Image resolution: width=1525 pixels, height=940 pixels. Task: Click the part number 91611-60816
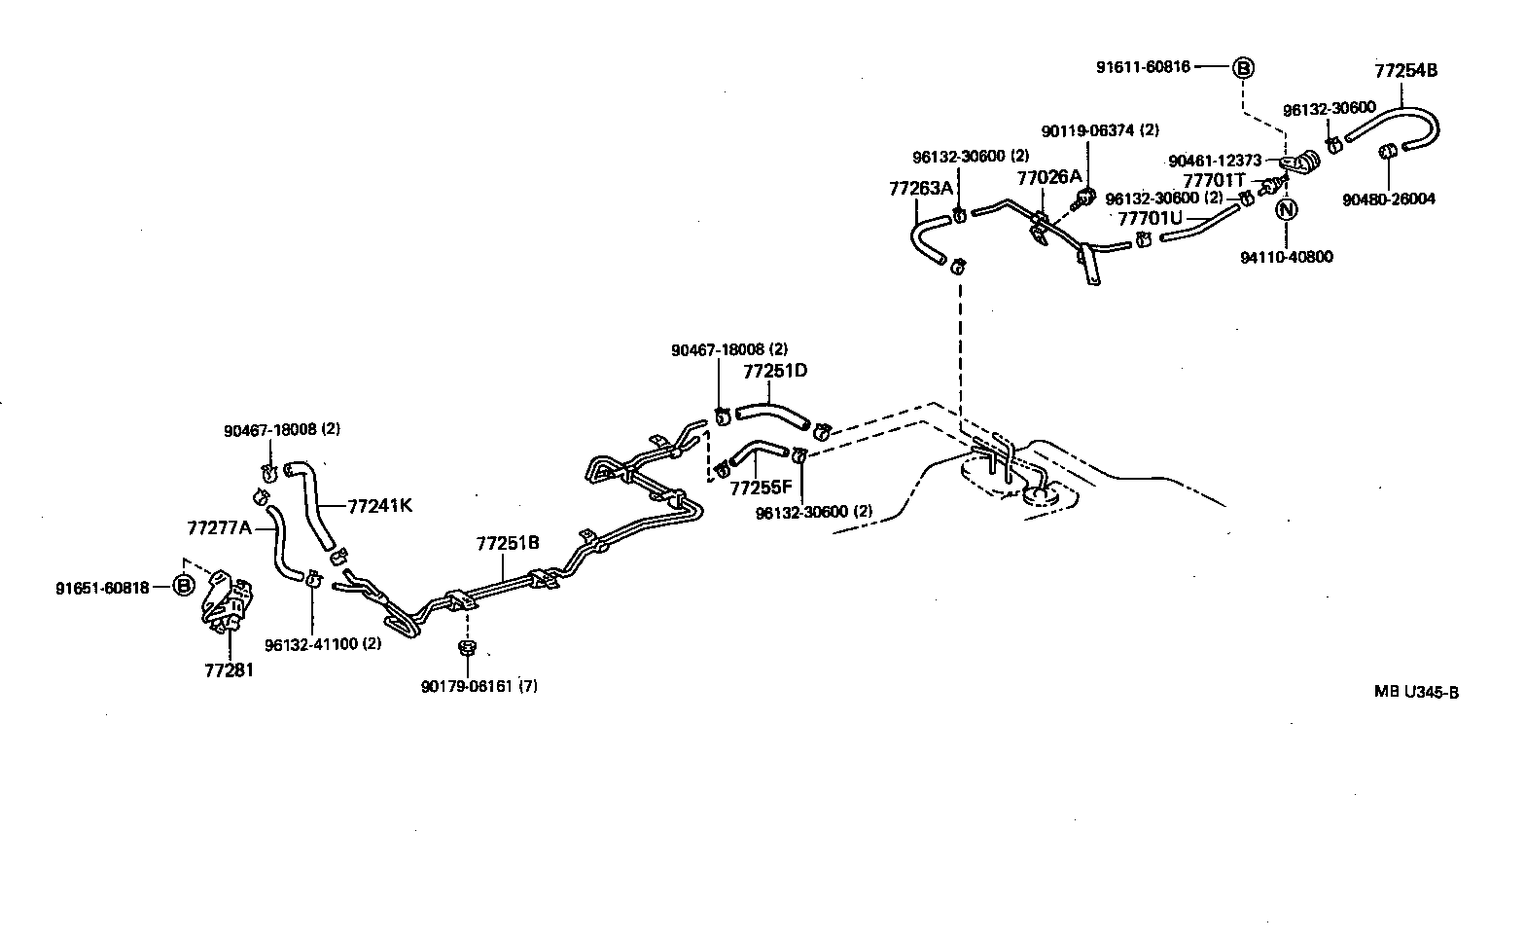click(1143, 67)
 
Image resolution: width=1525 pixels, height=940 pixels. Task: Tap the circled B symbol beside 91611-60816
click(1244, 67)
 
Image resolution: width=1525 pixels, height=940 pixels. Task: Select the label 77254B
click(1405, 70)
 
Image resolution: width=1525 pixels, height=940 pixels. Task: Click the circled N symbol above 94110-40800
click(1287, 208)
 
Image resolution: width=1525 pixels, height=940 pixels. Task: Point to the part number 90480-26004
click(1388, 199)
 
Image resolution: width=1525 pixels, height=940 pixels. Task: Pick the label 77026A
click(1048, 177)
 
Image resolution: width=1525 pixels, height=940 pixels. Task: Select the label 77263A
click(920, 188)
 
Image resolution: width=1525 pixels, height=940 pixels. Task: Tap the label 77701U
click(1150, 218)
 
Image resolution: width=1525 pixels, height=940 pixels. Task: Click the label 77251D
click(775, 371)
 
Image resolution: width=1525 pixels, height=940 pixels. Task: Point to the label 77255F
click(761, 488)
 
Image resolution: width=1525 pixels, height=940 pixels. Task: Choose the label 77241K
click(380, 505)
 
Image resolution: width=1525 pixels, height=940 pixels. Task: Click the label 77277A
click(219, 527)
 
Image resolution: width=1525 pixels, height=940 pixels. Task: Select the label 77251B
click(507, 543)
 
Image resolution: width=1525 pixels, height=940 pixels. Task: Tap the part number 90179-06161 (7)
click(479, 686)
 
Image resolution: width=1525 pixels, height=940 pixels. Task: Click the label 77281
click(229, 670)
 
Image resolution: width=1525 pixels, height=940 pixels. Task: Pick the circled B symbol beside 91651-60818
click(183, 587)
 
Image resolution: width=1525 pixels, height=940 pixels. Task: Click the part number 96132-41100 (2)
click(322, 644)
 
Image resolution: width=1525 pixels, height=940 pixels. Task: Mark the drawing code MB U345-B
click(1416, 692)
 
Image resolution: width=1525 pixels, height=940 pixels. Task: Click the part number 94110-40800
click(1287, 257)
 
